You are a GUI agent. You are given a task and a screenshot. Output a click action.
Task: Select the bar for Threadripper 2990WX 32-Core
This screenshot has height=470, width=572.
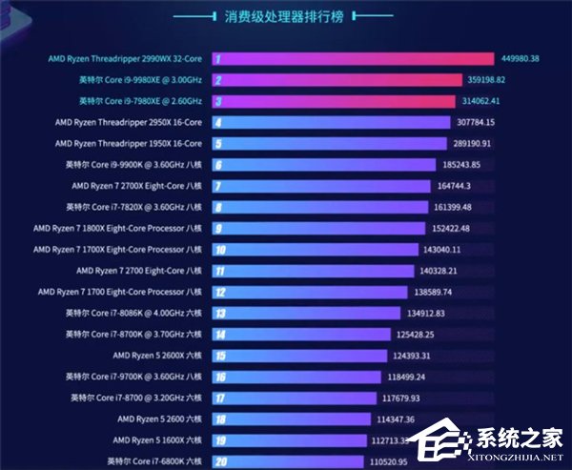pyautogui.click(x=353, y=58)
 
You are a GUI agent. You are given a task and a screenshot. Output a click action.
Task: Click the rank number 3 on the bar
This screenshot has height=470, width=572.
pyautogui.click(x=218, y=101)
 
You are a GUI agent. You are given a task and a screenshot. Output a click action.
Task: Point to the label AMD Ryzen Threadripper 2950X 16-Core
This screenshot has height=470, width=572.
pyautogui.click(x=128, y=122)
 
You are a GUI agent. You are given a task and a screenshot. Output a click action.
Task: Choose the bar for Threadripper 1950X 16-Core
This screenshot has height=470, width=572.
pyautogui.click(x=329, y=143)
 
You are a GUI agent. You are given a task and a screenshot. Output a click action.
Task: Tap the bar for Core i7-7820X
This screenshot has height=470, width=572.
pyautogui.click(x=319, y=207)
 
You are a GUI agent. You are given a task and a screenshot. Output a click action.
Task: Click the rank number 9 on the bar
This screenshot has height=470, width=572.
pyautogui.click(x=218, y=228)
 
